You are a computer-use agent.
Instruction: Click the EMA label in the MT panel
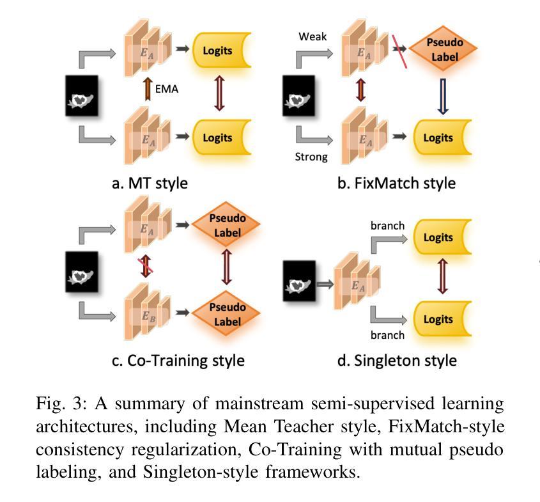point(167,90)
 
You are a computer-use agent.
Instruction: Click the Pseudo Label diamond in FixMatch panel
point(444,51)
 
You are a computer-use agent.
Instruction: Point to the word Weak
point(312,36)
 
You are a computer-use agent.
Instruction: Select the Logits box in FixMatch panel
point(442,137)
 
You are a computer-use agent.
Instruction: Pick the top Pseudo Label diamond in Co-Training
point(227,227)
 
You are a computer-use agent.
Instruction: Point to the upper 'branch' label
point(387,226)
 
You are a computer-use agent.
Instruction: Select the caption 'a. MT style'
point(150,183)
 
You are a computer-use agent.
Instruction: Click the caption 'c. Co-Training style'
point(178,360)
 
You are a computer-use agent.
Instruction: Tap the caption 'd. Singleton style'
point(397,360)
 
